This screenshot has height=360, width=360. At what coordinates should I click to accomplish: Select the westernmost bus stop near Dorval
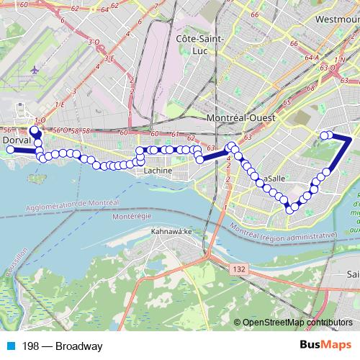coord(11,150)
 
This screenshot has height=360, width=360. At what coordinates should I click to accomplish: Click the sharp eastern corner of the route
coord(351,138)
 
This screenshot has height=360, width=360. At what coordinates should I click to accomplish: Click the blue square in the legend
coord(9,347)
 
